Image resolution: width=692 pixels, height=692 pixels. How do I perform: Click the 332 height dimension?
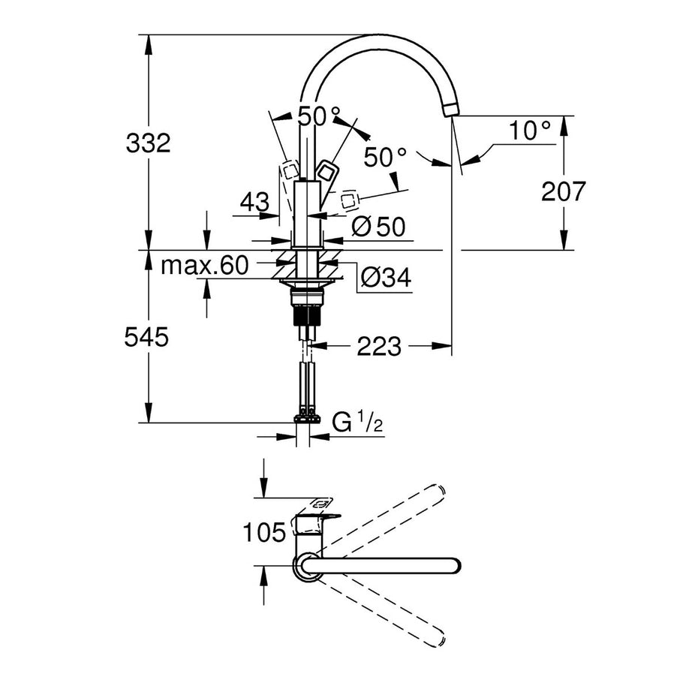[x=149, y=142]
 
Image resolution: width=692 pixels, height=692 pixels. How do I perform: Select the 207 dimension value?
[x=562, y=191]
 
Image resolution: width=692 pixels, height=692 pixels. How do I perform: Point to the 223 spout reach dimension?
[x=378, y=346]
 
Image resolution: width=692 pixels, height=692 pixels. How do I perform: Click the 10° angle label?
[x=529, y=132]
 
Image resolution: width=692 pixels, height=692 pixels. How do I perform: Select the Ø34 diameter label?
[x=385, y=278]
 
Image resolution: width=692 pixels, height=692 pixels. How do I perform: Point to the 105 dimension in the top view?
[x=264, y=533]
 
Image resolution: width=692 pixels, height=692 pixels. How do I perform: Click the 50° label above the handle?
[x=320, y=116]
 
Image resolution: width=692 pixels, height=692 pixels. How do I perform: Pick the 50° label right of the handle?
[x=385, y=158]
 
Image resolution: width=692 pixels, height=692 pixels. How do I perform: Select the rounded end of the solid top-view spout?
[x=453, y=565]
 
